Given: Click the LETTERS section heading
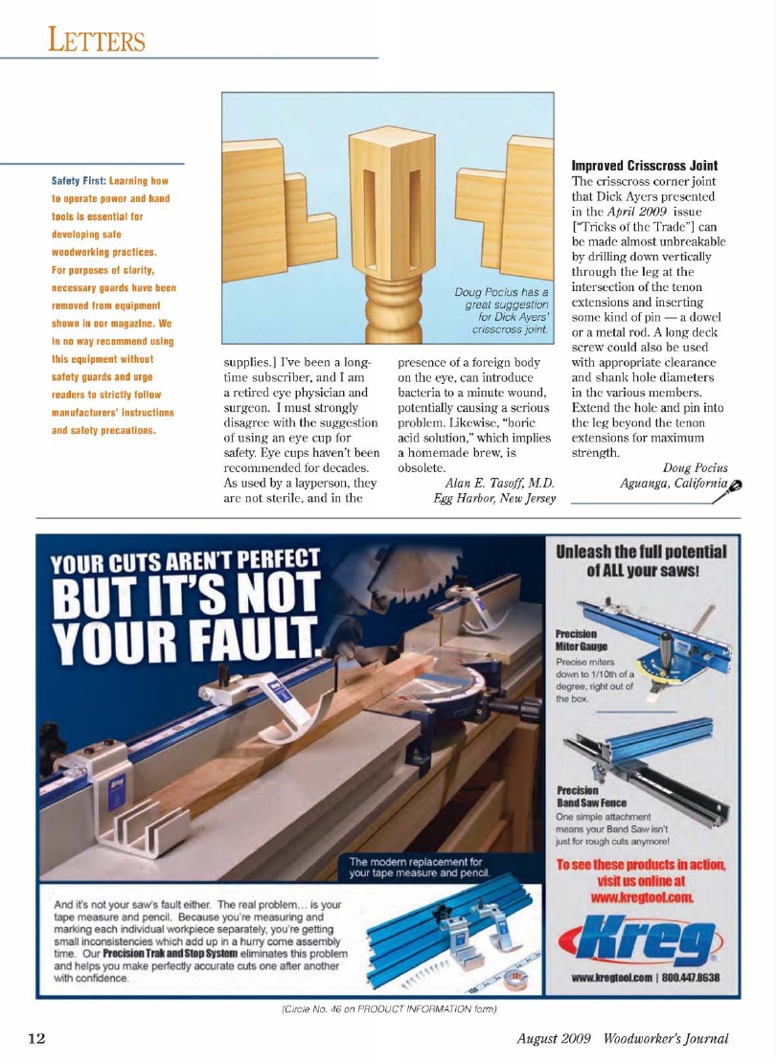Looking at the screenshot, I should [98, 40].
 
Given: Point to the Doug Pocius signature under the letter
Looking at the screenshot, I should [695, 468].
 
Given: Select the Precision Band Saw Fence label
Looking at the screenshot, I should [591, 797].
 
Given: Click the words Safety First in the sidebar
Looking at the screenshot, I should [79, 180].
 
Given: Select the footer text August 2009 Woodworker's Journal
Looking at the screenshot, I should [624, 1039].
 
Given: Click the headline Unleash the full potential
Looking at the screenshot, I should [641, 560].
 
